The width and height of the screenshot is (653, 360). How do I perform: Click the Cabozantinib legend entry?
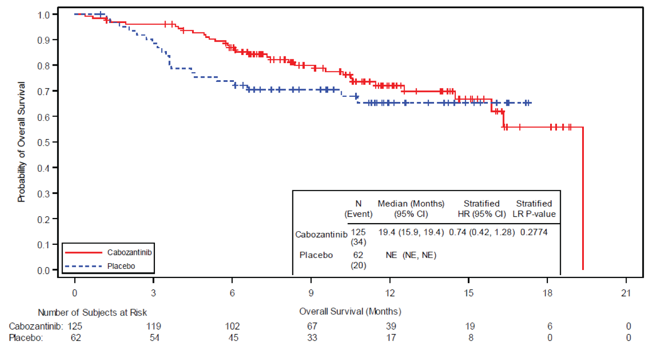[x=129, y=253]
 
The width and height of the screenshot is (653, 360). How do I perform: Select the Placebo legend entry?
[x=121, y=266]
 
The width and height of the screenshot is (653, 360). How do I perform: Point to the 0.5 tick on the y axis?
[x=44, y=142]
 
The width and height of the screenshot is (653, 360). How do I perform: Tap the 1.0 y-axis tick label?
[x=44, y=15]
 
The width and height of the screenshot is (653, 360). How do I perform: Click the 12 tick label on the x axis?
[x=390, y=293]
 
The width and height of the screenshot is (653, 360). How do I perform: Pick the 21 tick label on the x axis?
[x=626, y=293]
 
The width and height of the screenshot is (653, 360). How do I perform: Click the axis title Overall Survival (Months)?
[x=350, y=311]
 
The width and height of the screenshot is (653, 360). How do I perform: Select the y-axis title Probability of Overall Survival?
[x=21, y=142]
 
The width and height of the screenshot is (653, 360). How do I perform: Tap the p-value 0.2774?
[x=533, y=232]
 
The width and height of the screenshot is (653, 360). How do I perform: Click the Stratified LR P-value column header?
[x=534, y=209]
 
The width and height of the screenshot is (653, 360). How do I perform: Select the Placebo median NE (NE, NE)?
[x=411, y=255]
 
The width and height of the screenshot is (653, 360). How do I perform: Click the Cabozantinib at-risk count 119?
[x=154, y=326]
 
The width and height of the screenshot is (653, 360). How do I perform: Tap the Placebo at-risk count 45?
[x=233, y=338]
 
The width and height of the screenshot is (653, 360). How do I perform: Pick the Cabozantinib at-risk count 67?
[x=312, y=326]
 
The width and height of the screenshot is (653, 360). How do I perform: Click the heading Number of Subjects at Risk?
[x=92, y=313]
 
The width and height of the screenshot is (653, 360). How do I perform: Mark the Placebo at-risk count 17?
[x=391, y=338]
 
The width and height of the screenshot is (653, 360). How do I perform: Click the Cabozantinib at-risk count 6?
[x=550, y=326]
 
